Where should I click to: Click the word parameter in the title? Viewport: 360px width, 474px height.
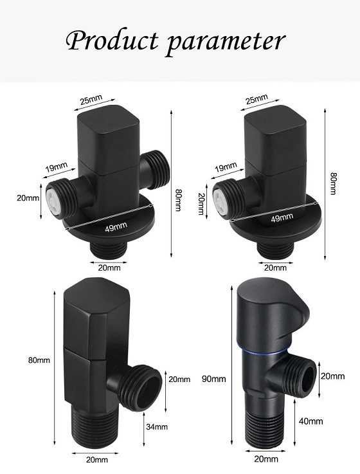[x=225, y=41]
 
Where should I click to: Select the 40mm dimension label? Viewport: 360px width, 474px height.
[x=310, y=421]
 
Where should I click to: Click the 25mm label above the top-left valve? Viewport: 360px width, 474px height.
[x=91, y=101]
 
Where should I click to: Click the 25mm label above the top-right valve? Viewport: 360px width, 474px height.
[x=256, y=100]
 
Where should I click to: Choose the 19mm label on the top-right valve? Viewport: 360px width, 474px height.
[x=225, y=168]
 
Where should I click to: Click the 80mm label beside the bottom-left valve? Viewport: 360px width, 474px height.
[x=40, y=360]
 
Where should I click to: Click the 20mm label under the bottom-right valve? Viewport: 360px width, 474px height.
[x=266, y=459]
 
